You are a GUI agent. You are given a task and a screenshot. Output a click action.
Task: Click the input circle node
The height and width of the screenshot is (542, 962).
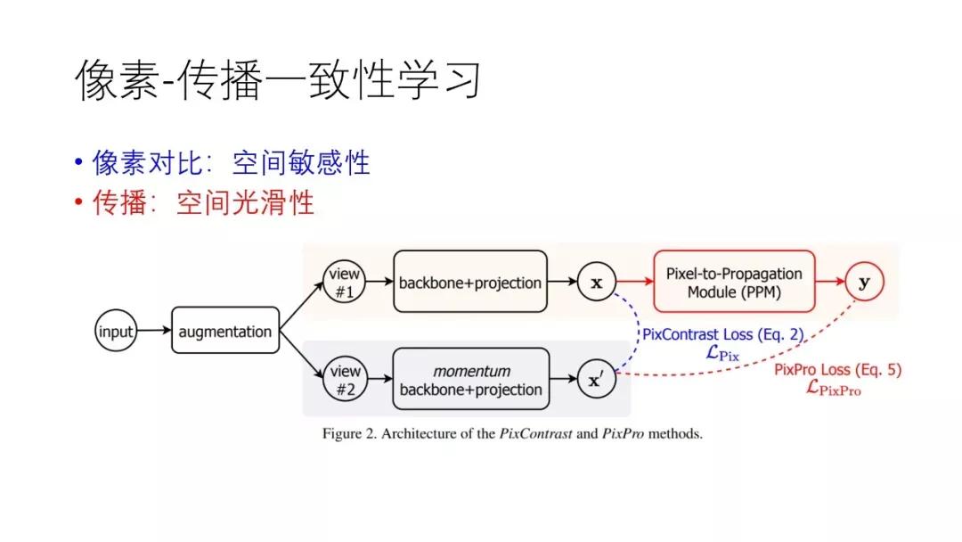(115, 332)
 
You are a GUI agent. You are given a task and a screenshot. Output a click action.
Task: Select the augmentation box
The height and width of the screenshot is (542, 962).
(224, 332)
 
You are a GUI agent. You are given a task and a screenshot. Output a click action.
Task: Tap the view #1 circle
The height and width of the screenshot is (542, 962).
(345, 282)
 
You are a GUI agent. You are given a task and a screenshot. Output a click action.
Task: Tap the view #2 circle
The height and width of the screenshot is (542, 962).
(345, 379)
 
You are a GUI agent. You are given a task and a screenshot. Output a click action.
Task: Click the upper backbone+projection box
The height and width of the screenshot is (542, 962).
(469, 283)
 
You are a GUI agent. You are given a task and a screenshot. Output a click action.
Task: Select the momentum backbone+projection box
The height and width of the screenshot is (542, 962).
(469, 380)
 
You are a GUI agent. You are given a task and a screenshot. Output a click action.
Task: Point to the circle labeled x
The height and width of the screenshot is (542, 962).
(597, 283)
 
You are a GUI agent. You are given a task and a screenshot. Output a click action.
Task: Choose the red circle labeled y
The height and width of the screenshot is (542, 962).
(863, 283)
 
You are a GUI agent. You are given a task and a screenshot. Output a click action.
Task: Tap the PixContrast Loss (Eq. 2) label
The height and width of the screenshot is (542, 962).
(722, 335)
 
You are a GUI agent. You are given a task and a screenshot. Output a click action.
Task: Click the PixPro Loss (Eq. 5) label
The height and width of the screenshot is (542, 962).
(837, 369)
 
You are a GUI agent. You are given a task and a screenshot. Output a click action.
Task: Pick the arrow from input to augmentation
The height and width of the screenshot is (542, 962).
(152, 332)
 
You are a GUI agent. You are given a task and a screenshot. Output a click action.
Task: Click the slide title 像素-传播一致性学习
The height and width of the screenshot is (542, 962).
(277, 81)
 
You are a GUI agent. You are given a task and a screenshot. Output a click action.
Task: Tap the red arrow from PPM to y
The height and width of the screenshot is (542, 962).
(827, 283)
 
